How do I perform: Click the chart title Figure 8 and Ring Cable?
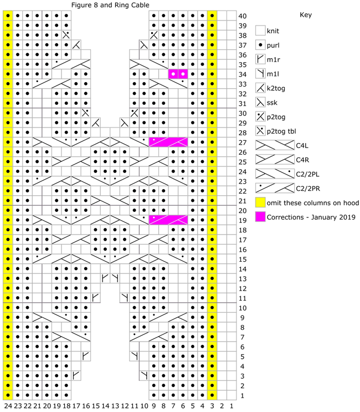pyautogui.click(x=110, y=5)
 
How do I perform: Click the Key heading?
pyautogui.click(x=306, y=15)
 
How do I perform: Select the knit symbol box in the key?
pyautogui.click(x=260, y=30)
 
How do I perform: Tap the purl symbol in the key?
pyautogui.click(x=260, y=45)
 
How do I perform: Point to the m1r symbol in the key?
pyautogui.click(x=260, y=59)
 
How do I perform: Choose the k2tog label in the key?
pyautogui.click(x=276, y=88)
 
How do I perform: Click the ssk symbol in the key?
pyautogui.click(x=260, y=102)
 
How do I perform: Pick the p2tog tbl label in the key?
pyautogui.click(x=281, y=131)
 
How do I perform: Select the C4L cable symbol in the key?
pyautogui.click(x=275, y=145)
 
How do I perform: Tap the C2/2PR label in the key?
pyautogui.click(x=308, y=189)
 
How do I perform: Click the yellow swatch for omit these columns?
pyautogui.click(x=260, y=202)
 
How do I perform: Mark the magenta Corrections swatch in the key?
pyautogui.click(x=260, y=217)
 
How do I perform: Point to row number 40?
pyautogui.click(x=243, y=16)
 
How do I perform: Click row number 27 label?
pyautogui.click(x=243, y=143)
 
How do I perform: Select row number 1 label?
pyautogui.click(x=242, y=395)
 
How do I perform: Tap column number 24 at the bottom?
pyautogui.click(x=8, y=406)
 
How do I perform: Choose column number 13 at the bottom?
pyautogui.click(x=115, y=406)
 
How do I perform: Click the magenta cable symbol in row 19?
pyautogui.click(x=168, y=220)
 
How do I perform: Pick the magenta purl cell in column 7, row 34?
pyautogui.click(x=173, y=74)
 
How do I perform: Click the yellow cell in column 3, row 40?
pyautogui.click(x=212, y=16)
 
